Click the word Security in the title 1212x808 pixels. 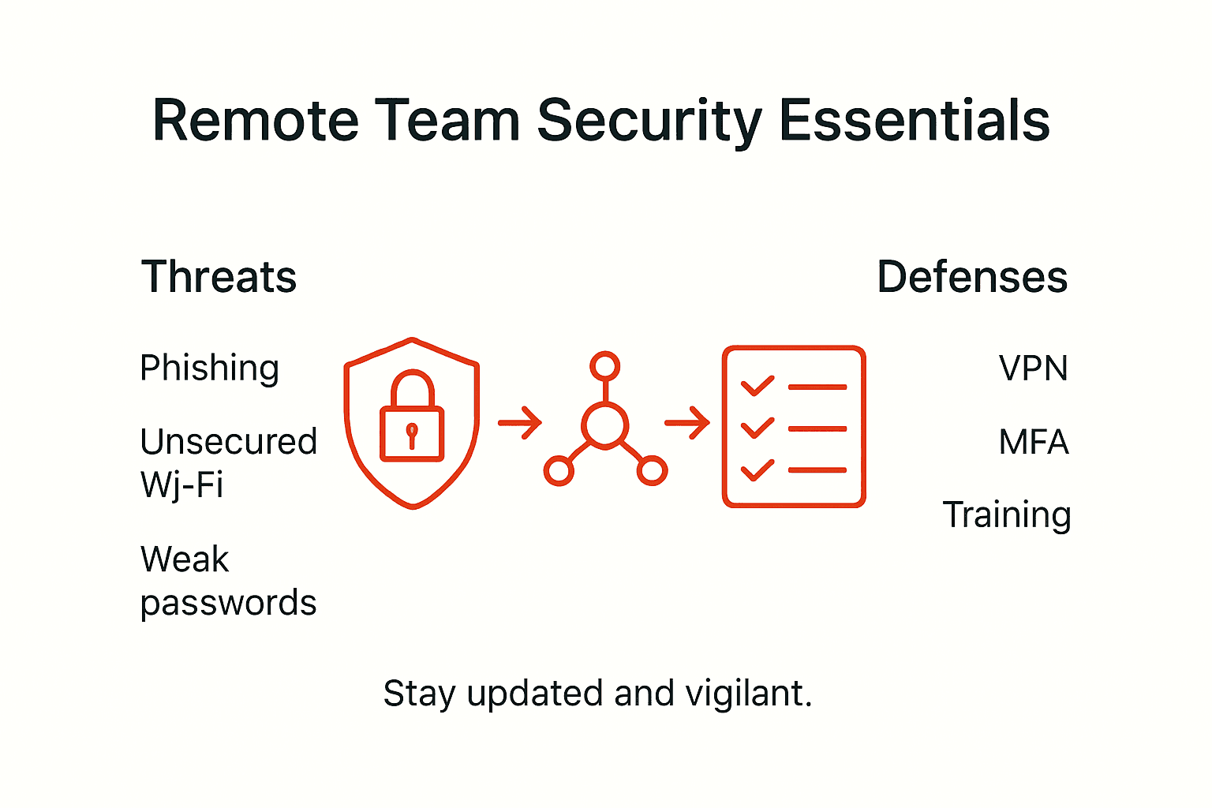[x=649, y=122]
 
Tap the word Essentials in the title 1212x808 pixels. [x=915, y=122]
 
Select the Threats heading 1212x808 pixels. [x=219, y=278]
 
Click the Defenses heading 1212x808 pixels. [x=972, y=278]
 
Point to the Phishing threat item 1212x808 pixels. [x=209, y=368]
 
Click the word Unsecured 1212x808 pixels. [x=228, y=442]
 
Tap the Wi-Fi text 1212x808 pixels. [x=181, y=484]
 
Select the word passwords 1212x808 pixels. [x=228, y=603]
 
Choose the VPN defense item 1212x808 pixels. [x=1033, y=368]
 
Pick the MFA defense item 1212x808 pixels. [x=1034, y=442]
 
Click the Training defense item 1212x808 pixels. [x=1007, y=515]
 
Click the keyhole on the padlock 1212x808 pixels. [x=411, y=435]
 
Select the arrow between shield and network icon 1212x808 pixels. [x=520, y=423]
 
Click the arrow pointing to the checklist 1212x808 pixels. [x=687, y=423]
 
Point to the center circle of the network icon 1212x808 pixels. [x=605, y=425]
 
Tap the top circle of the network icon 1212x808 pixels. [x=605, y=366]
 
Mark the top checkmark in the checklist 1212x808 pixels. [x=757, y=386]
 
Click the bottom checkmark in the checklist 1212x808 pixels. [x=757, y=470]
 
